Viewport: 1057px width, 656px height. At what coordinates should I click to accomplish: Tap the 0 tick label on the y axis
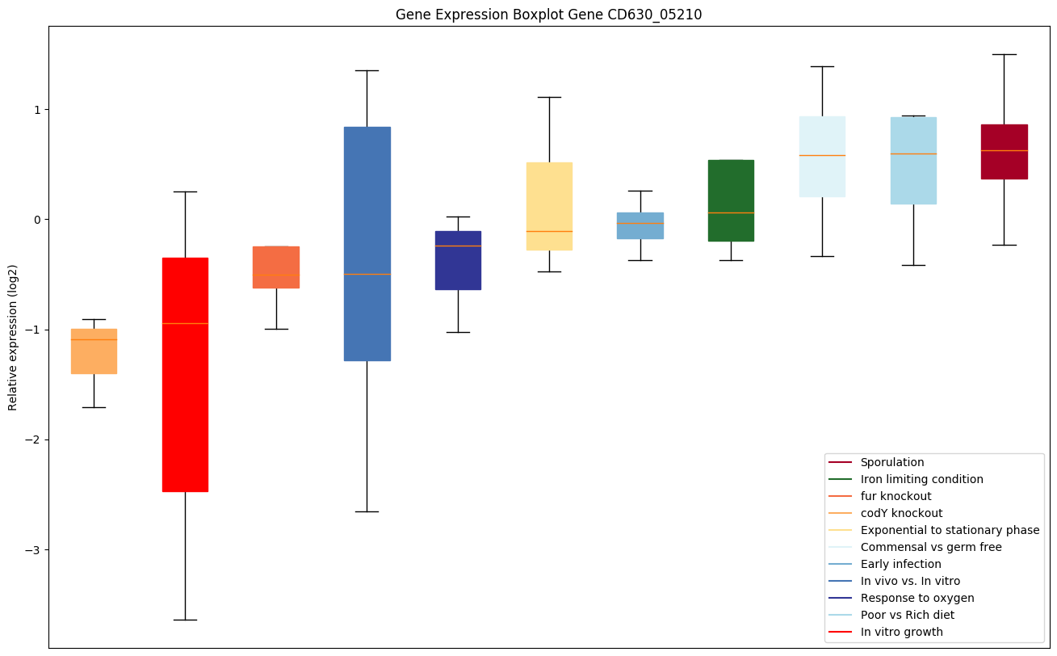36,220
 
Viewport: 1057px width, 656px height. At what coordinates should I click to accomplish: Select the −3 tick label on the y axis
33,550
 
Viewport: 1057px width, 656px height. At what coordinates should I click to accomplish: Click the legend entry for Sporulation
891,463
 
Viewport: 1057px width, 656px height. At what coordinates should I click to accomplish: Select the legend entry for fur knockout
896,497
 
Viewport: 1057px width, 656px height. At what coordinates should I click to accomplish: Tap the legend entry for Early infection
900,565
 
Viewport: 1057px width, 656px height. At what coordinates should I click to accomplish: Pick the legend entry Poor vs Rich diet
907,616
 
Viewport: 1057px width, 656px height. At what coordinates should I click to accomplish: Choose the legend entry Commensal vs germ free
930,548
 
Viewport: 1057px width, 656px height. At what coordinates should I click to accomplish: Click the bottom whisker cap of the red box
185,620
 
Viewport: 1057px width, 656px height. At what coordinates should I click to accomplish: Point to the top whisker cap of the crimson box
1004,54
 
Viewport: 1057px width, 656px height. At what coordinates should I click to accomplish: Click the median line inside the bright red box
185,323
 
